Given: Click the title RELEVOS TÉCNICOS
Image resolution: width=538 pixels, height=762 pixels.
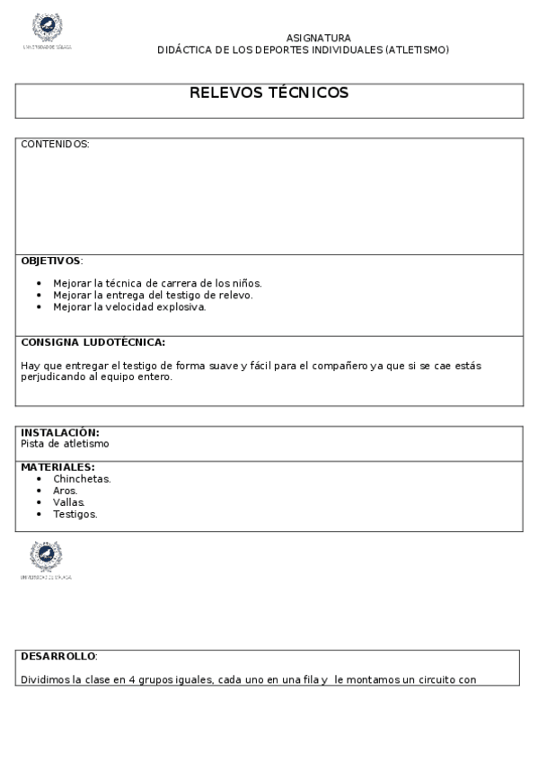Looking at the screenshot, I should pos(269,93).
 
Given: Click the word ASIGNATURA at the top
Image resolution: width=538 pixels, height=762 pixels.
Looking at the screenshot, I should pos(318,38).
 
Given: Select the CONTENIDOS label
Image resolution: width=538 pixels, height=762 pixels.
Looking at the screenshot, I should pos(55,144).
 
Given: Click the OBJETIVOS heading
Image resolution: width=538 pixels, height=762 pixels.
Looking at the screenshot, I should pos(50,261).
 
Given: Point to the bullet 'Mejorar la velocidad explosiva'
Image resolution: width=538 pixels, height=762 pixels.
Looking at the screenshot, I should pos(129,306).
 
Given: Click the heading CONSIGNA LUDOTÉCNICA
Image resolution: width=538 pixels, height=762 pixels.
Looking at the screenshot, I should pos(93,342).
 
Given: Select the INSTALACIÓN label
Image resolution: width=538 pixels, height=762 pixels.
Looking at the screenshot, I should pos(59,432).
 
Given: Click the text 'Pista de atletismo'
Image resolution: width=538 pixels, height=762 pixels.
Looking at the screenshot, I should pos(65,444).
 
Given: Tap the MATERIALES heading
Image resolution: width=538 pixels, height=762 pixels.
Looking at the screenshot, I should pos(57,467).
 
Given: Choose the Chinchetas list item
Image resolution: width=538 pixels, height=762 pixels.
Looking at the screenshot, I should pos(82,479).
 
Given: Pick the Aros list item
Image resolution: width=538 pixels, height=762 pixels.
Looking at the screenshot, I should pos(66,491).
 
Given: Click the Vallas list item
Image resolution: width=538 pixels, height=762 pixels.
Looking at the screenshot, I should pos(69,502).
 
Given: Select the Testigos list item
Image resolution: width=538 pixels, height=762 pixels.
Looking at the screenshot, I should pos(75,514).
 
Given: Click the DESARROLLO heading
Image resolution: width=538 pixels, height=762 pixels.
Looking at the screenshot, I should pos(58,656).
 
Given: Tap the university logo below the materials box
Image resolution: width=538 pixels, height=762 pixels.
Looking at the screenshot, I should pos(46,558).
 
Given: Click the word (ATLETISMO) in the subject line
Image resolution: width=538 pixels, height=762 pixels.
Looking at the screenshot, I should pos(417,50).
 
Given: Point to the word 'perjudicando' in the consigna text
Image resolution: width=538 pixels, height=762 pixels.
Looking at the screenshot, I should pos(52,377).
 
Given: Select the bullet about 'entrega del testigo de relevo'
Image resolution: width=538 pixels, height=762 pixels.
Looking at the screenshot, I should pos(153,295).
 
